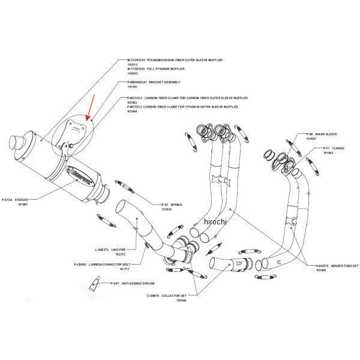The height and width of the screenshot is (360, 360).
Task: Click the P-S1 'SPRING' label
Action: click(x=175, y=205)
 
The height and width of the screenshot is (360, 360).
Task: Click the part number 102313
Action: click(x=133, y=65)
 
